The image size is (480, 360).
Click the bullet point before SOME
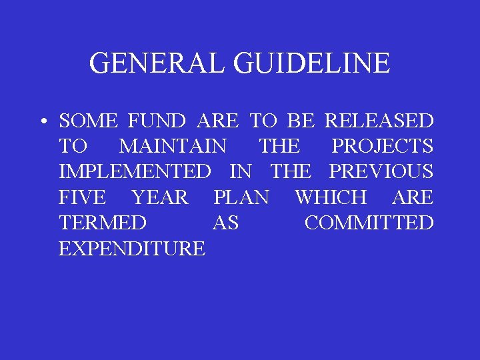tap(42, 122)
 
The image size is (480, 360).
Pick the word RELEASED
tap(379, 121)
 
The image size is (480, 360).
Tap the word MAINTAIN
tap(173, 146)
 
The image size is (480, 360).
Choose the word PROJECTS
tap(382, 146)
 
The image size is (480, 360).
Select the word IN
tap(240, 171)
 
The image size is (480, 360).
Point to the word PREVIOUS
tap(381, 171)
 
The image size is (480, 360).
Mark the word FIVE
tap(81, 197)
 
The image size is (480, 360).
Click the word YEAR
tap(161, 197)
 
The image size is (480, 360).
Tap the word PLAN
tap(241, 197)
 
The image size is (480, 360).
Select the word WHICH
tap(331, 197)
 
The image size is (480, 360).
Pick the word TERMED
tap(102, 223)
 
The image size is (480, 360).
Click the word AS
tap(225, 223)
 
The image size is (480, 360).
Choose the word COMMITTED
tap(369, 223)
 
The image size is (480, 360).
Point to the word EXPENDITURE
tap(132, 249)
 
